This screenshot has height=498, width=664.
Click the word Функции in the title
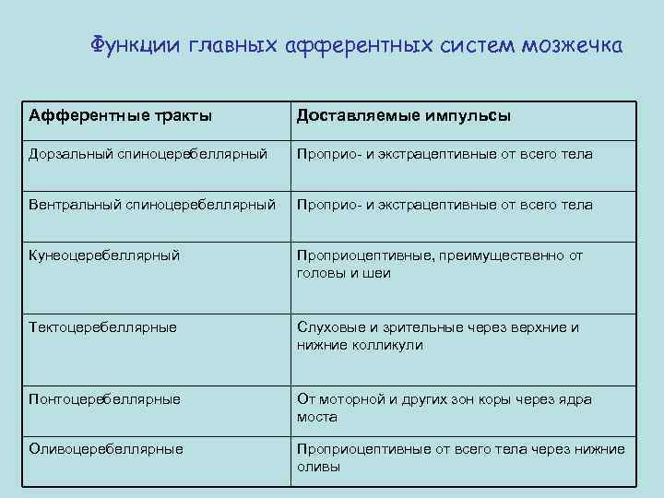[137, 45]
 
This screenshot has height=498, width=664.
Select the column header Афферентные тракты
[120, 116]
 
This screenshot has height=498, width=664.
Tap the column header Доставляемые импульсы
[404, 116]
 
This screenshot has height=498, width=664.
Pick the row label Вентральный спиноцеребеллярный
[152, 204]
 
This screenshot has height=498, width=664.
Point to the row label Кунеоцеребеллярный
[104, 255]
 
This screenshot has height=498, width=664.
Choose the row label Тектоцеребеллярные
[103, 327]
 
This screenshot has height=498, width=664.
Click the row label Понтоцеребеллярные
[104, 399]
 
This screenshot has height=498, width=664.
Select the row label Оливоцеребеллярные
[106, 449]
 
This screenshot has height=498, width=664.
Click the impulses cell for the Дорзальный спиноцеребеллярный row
[445, 154]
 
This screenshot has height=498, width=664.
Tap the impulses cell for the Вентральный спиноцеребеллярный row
[445, 204]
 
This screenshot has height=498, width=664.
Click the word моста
[316, 417]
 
